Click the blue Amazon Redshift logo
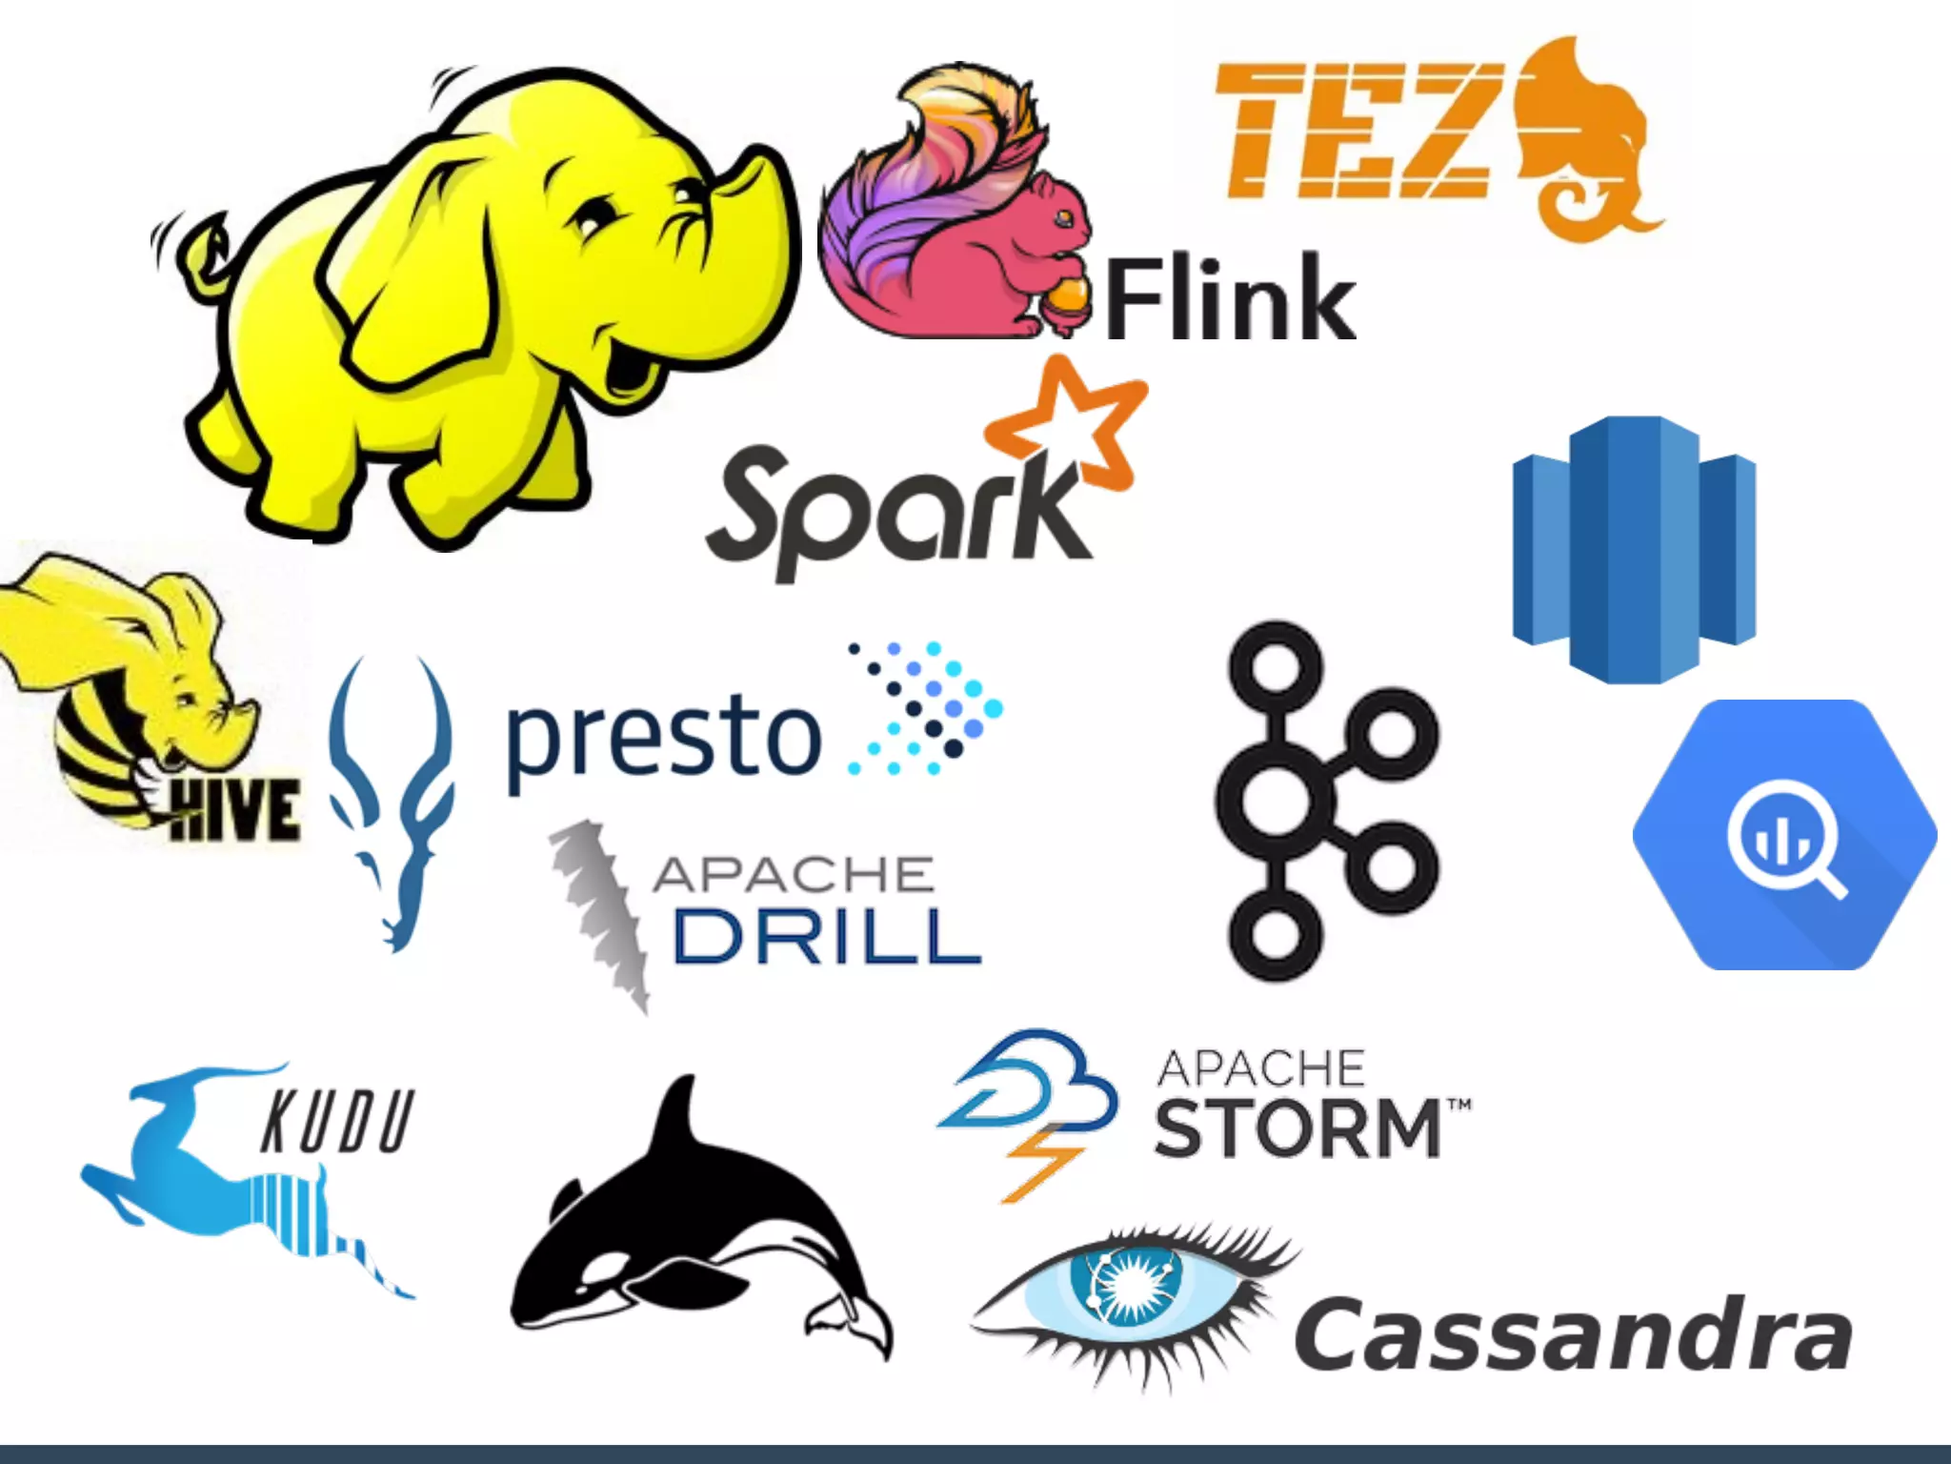click(x=1633, y=549)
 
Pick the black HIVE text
click(x=234, y=810)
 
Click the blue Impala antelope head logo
click(x=391, y=801)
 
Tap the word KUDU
click(x=337, y=1122)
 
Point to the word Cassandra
click(x=1572, y=1334)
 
